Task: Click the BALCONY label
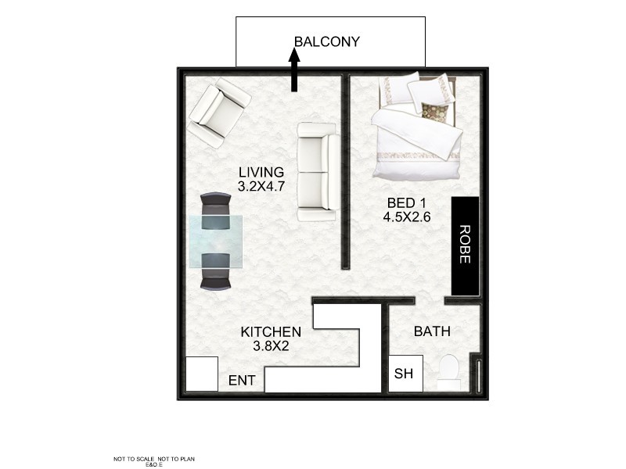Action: [326, 42]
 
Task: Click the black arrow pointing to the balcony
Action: [294, 70]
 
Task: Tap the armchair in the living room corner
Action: [218, 113]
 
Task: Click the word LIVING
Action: [261, 172]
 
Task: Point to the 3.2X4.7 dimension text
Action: [261, 187]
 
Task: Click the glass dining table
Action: [215, 242]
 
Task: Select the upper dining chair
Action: [215, 209]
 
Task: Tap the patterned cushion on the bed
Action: [433, 109]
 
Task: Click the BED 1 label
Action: [407, 203]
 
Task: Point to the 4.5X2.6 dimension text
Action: [407, 218]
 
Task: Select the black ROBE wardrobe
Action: [465, 245]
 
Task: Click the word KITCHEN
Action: [271, 331]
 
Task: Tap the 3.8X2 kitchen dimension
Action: [271, 346]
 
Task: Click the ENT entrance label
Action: [241, 381]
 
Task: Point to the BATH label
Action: [432, 331]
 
